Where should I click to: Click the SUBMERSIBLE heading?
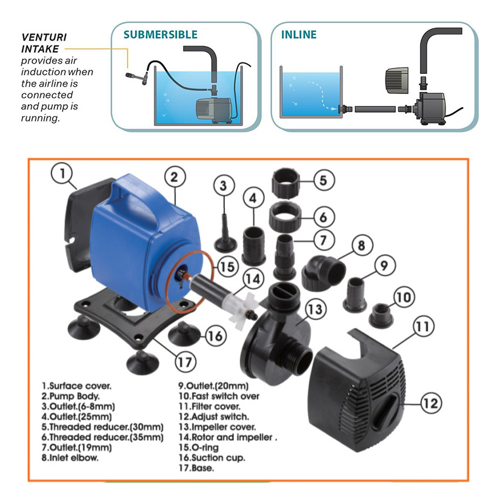(x=160, y=35)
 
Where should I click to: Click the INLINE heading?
(x=298, y=35)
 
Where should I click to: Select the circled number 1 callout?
(x=61, y=175)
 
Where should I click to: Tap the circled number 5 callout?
(x=323, y=180)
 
